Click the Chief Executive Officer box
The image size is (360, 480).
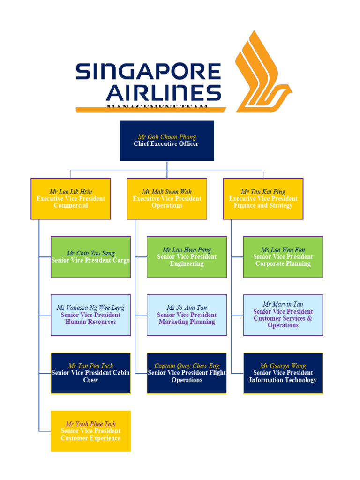[167, 141]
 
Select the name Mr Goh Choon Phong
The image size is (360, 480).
[167, 137]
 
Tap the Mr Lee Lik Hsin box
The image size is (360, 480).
[71, 199]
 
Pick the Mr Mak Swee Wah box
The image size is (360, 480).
[167, 199]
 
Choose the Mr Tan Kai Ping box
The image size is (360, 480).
[263, 199]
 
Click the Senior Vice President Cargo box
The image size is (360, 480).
[90, 257]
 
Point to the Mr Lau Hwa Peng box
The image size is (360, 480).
[187, 257]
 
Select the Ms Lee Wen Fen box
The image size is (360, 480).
[283, 257]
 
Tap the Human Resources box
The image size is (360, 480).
[90, 315]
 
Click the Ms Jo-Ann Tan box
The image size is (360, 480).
[187, 315]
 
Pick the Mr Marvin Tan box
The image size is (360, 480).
[283, 315]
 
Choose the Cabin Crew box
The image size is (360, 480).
[90, 373]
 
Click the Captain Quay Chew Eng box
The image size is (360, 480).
[187, 373]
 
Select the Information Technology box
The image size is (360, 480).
[283, 373]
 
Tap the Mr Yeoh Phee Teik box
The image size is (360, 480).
[90, 431]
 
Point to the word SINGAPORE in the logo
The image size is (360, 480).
[148, 72]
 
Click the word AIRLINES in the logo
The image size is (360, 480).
[164, 93]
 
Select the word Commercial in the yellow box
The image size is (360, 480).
[71, 206]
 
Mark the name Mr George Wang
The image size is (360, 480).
[283, 366]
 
